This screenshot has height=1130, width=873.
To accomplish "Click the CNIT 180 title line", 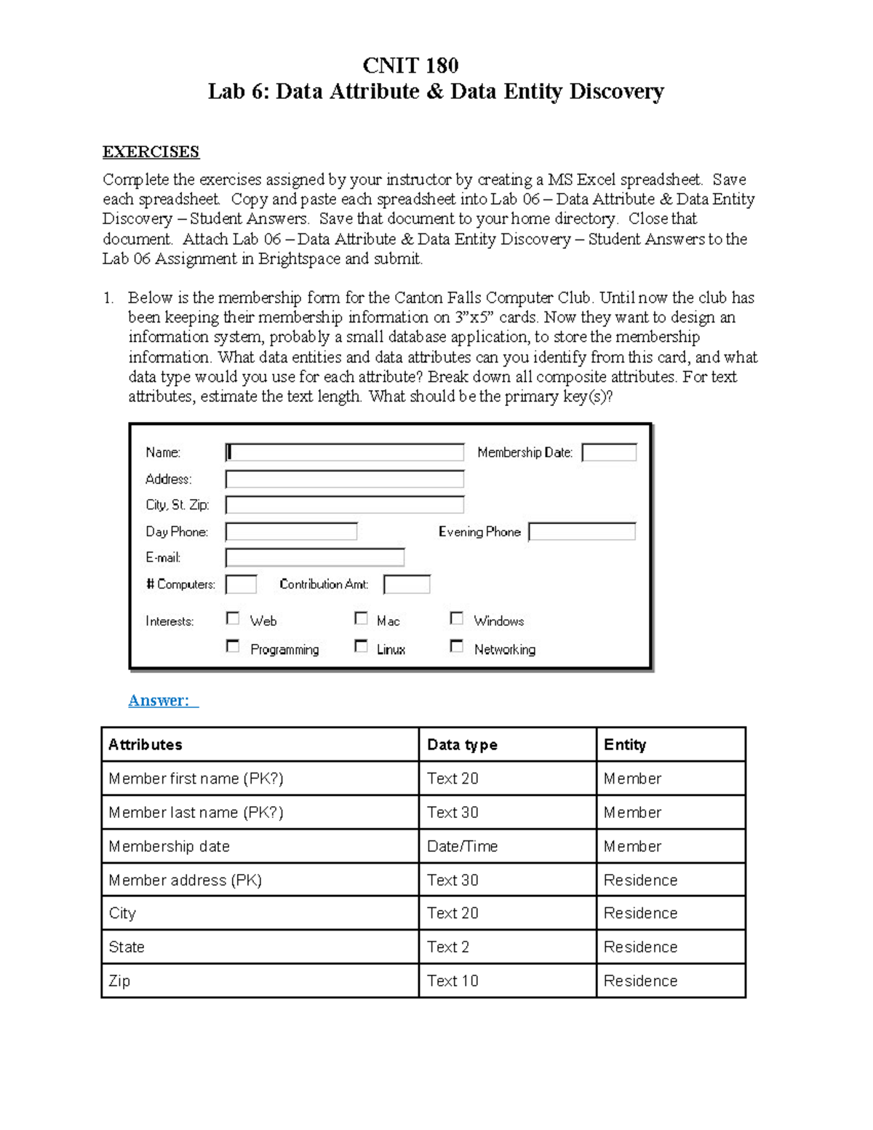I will (x=410, y=65).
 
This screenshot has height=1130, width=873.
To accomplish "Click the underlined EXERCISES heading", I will (x=151, y=152).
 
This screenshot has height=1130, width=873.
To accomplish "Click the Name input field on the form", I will (x=345, y=453).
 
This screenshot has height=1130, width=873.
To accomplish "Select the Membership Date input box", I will (x=609, y=453).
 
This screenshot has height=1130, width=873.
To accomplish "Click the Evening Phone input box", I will (x=582, y=532).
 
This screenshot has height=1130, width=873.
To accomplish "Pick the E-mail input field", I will (x=315, y=558).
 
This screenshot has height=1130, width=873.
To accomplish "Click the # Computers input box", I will (x=241, y=584).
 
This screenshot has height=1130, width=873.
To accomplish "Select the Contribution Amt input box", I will (x=407, y=584).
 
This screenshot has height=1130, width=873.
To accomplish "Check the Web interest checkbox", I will (x=233, y=618).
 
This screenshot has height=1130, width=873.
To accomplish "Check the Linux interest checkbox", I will (x=361, y=646).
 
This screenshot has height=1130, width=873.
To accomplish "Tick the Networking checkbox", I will (x=457, y=646).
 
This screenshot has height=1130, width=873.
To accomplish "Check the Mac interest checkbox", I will (x=361, y=618).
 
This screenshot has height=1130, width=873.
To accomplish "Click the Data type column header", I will (x=463, y=744).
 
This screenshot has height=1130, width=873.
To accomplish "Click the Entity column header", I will (x=625, y=744).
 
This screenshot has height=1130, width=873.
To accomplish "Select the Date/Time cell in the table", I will (x=463, y=846).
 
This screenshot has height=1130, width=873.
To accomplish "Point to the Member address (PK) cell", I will (x=186, y=880).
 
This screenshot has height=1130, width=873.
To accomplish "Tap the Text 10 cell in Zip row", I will (x=453, y=981).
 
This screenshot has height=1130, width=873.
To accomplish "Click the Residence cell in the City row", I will (x=640, y=913).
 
